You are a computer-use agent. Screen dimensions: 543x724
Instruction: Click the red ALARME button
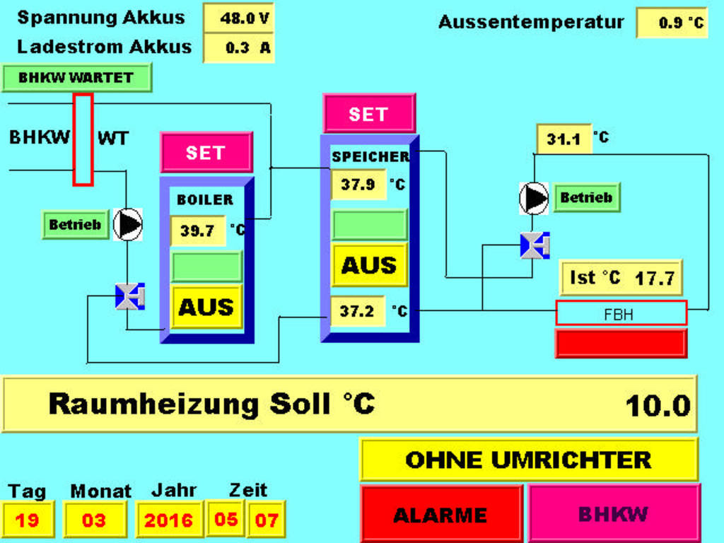[441, 514]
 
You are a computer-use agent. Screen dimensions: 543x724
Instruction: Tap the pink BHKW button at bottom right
[614, 514]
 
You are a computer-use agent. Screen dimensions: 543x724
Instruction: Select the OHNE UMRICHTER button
[528, 460]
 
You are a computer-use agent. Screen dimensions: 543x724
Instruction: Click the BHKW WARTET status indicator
[76, 78]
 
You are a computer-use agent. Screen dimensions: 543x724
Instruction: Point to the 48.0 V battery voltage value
[239, 18]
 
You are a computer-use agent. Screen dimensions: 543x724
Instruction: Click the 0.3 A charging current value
[239, 48]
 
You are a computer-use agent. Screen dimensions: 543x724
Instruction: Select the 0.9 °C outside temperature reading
[672, 23]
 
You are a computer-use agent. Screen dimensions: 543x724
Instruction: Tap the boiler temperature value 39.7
[197, 230]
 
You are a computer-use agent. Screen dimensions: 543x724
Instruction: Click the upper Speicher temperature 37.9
[358, 185]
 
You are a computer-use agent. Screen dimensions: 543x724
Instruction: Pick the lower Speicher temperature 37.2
[358, 310]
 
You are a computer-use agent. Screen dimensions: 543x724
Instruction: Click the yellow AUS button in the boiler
[206, 307]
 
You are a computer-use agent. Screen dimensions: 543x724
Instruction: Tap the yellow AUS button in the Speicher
[369, 265]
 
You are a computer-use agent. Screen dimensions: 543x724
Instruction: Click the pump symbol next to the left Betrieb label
[128, 225]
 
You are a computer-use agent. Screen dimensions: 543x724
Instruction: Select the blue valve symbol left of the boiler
[129, 296]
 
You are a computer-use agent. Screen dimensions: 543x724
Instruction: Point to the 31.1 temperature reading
[564, 139]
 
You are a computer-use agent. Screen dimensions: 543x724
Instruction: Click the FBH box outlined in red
[621, 313]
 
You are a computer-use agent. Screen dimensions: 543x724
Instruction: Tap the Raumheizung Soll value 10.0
[658, 406]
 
